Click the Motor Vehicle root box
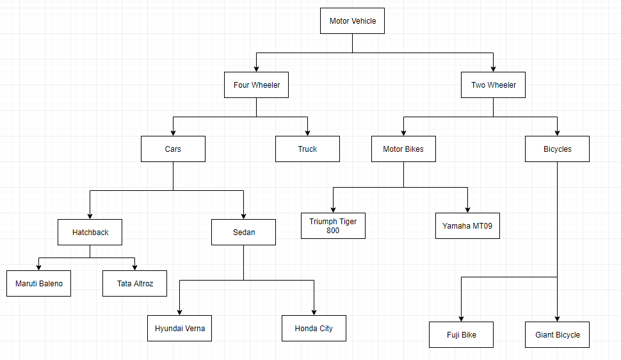[352, 20]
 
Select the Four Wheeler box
[256, 85]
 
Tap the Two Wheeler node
[493, 85]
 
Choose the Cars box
[173, 149]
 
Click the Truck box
[307, 149]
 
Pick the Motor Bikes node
[403, 149]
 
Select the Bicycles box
[557, 149]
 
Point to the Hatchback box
[90, 232]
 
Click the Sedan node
[243, 232]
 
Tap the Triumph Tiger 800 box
[333, 225]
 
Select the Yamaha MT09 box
[467, 225]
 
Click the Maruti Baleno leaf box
[38, 283]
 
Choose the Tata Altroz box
[134, 283]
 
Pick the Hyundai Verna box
[179, 328]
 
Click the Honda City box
[314, 328]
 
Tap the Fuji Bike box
[461, 334]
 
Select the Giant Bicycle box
[557, 334]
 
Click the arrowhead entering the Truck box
[307, 132]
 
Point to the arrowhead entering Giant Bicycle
[557, 318]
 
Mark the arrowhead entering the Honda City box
[314, 311]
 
